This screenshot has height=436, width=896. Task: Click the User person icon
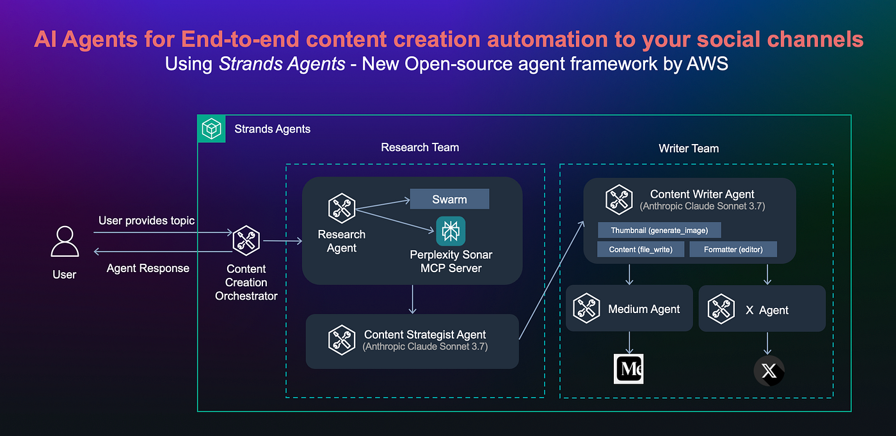(x=65, y=242)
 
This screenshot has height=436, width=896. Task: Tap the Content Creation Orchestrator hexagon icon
(x=246, y=241)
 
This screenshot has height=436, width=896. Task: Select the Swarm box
(x=449, y=199)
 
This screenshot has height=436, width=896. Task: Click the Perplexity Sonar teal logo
(x=451, y=230)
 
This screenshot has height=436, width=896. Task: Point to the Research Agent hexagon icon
(x=341, y=208)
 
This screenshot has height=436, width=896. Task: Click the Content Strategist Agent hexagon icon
(x=341, y=340)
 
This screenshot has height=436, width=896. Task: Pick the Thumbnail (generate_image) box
(x=659, y=230)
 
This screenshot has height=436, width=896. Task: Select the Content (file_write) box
(x=641, y=249)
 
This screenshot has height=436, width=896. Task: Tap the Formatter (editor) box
(x=733, y=249)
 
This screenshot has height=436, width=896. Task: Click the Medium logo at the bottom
(x=628, y=369)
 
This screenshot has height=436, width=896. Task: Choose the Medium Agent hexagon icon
(x=586, y=309)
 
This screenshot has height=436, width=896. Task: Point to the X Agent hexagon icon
(x=721, y=309)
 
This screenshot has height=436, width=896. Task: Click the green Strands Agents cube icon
(x=211, y=129)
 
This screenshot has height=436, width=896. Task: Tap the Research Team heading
(x=420, y=147)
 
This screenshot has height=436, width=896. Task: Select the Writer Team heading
(x=689, y=148)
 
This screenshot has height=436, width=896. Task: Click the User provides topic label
(x=147, y=221)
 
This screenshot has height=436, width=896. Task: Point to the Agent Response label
(x=148, y=268)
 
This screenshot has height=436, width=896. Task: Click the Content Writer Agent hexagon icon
(x=619, y=200)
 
